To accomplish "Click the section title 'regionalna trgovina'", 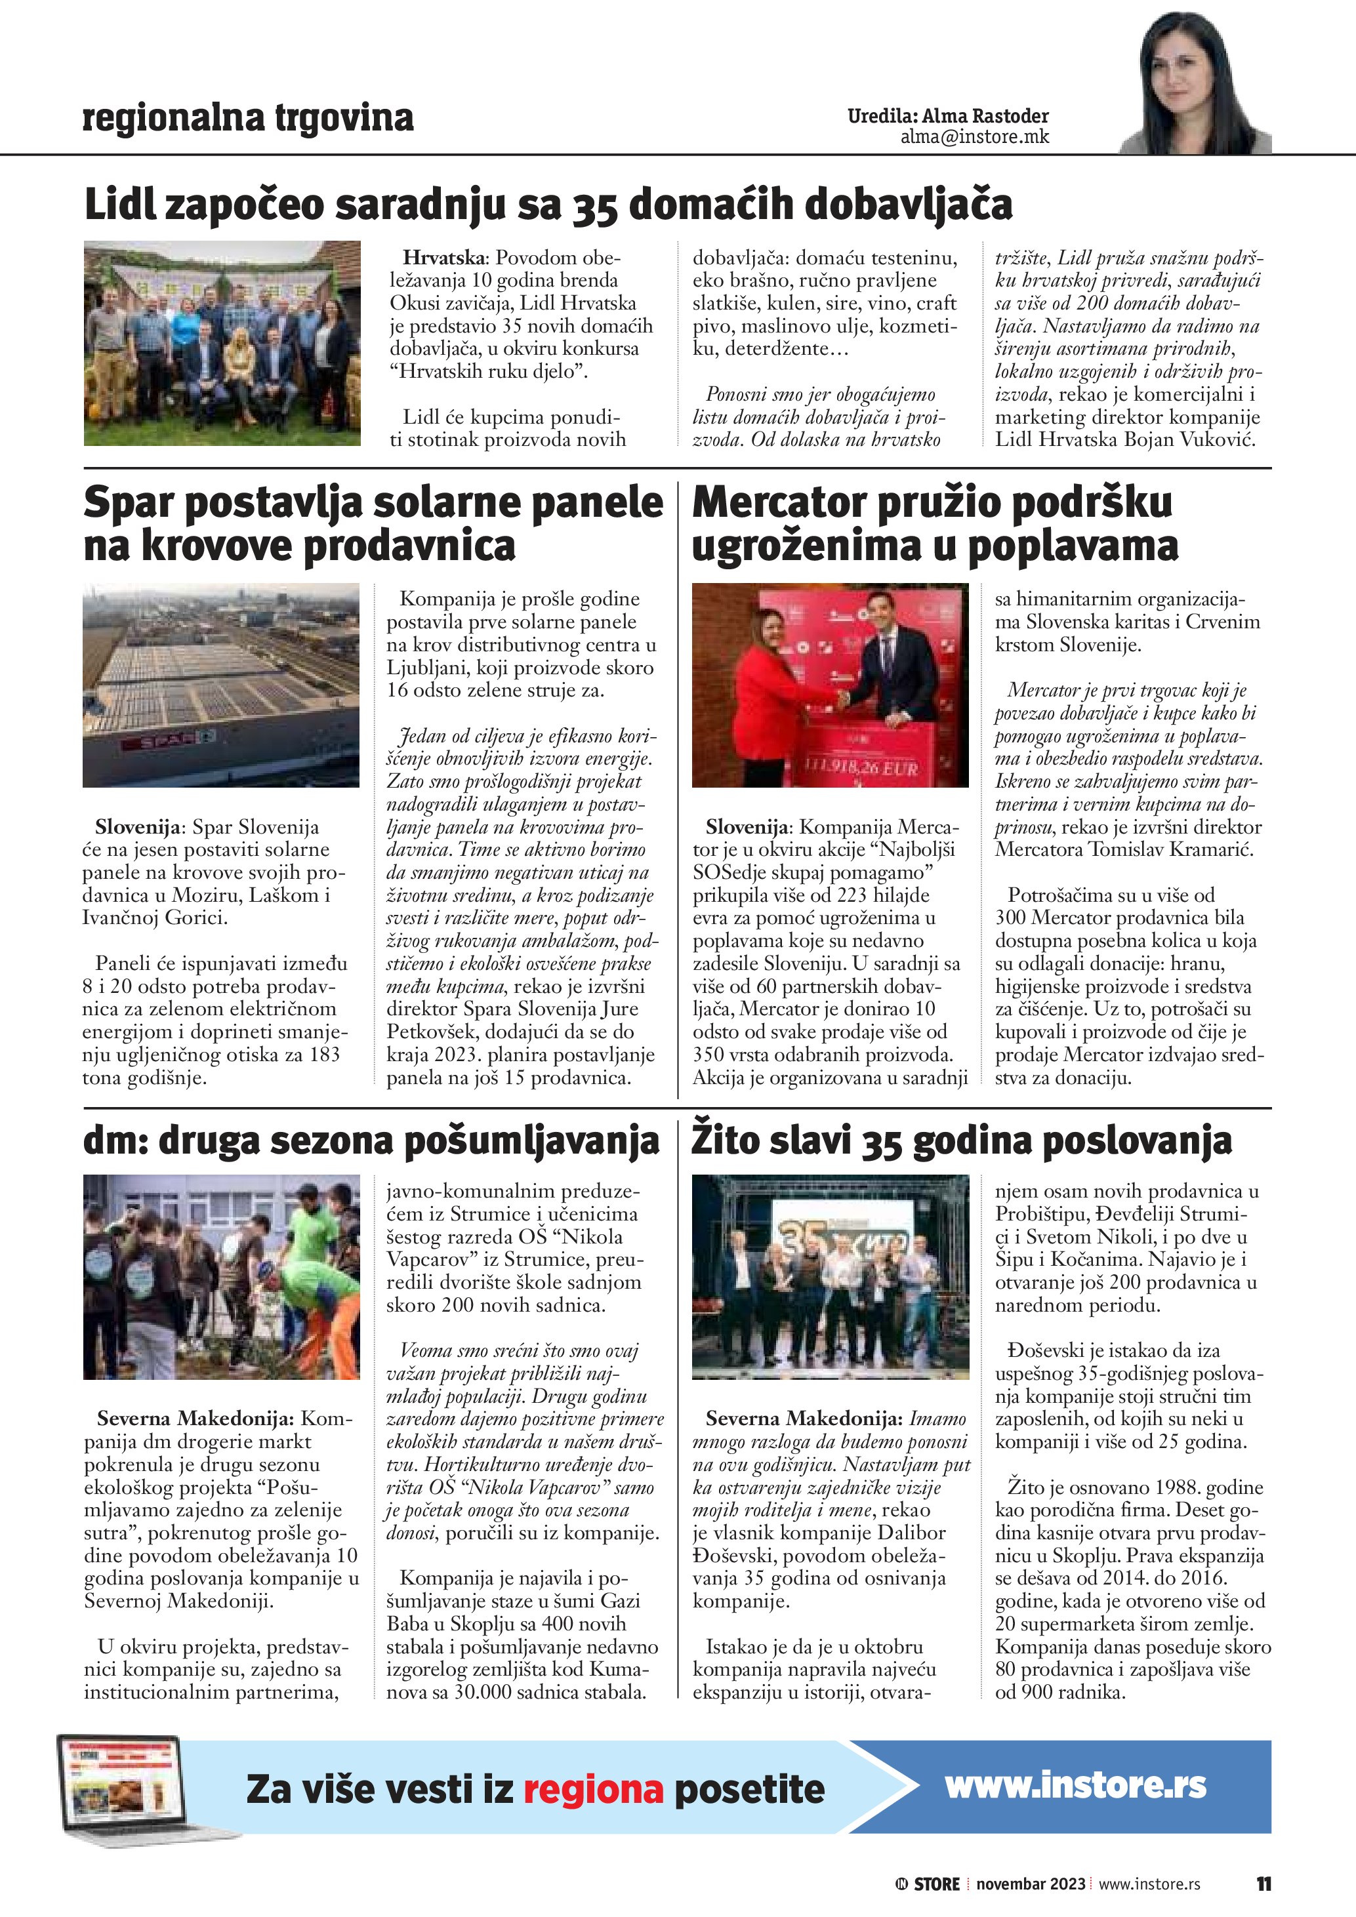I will click(x=248, y=118).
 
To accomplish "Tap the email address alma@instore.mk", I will click(x=974, y=137).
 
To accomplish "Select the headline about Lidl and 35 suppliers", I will click(x=548, y=205).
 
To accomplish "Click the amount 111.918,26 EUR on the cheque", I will click(x=860, y=767).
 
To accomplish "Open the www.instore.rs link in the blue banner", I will click(x=1075, y=1785).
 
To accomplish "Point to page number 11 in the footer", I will click(x=1264, y=1884).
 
